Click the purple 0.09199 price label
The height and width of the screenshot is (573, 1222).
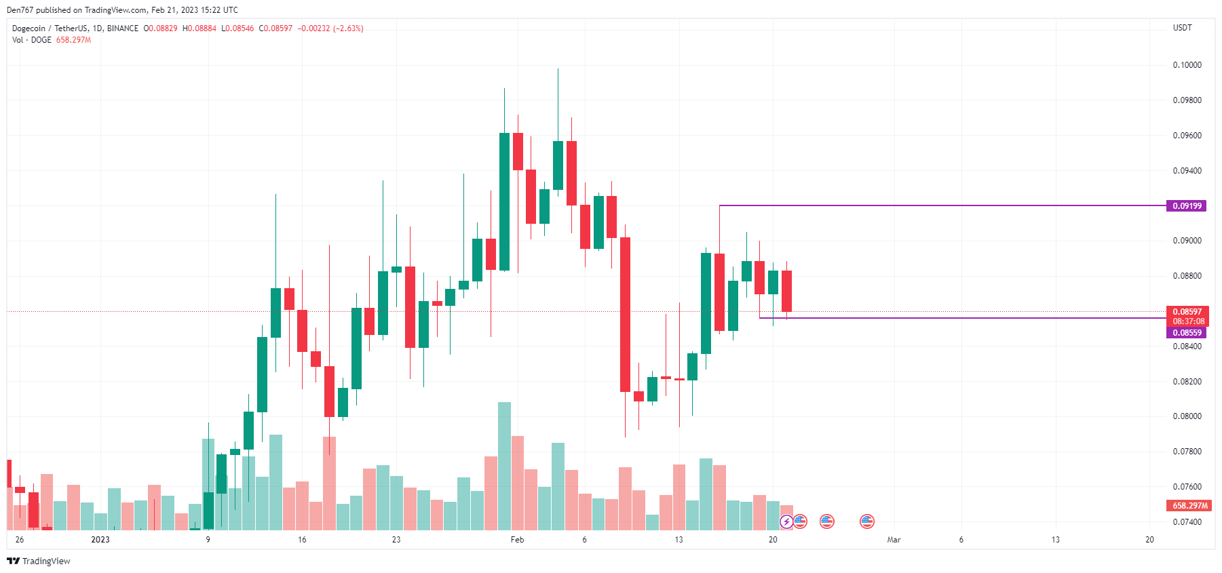pos(1186,205)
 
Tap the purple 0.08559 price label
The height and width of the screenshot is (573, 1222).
pos(1186,332)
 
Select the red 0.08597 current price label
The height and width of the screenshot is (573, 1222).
pos(1187,312)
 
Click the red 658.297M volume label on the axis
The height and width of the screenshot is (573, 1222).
pos(1189,505)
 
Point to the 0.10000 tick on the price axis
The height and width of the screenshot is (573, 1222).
pos(1187,65)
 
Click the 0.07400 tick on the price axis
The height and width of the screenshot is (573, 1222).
pos(1187,521)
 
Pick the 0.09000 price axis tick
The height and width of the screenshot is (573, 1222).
pos(1187,241)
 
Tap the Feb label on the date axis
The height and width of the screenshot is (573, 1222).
pos(517,540)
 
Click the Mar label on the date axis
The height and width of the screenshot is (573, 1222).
pos(894,540)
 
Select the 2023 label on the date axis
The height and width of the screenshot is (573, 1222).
pos(100,540)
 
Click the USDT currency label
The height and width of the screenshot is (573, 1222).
pos(1182,28)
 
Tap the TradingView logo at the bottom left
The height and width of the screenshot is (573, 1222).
pos(39,561)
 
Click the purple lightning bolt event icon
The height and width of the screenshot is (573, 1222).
pos(786,521)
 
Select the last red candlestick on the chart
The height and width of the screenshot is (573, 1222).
pos(786,291)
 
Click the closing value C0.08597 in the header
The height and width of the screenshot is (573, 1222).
pos(275,28)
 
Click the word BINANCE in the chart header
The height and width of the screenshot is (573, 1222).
pos(123,28)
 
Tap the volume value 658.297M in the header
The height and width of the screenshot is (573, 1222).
pos(73,40)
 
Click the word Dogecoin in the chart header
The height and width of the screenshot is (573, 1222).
pos(28,28)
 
